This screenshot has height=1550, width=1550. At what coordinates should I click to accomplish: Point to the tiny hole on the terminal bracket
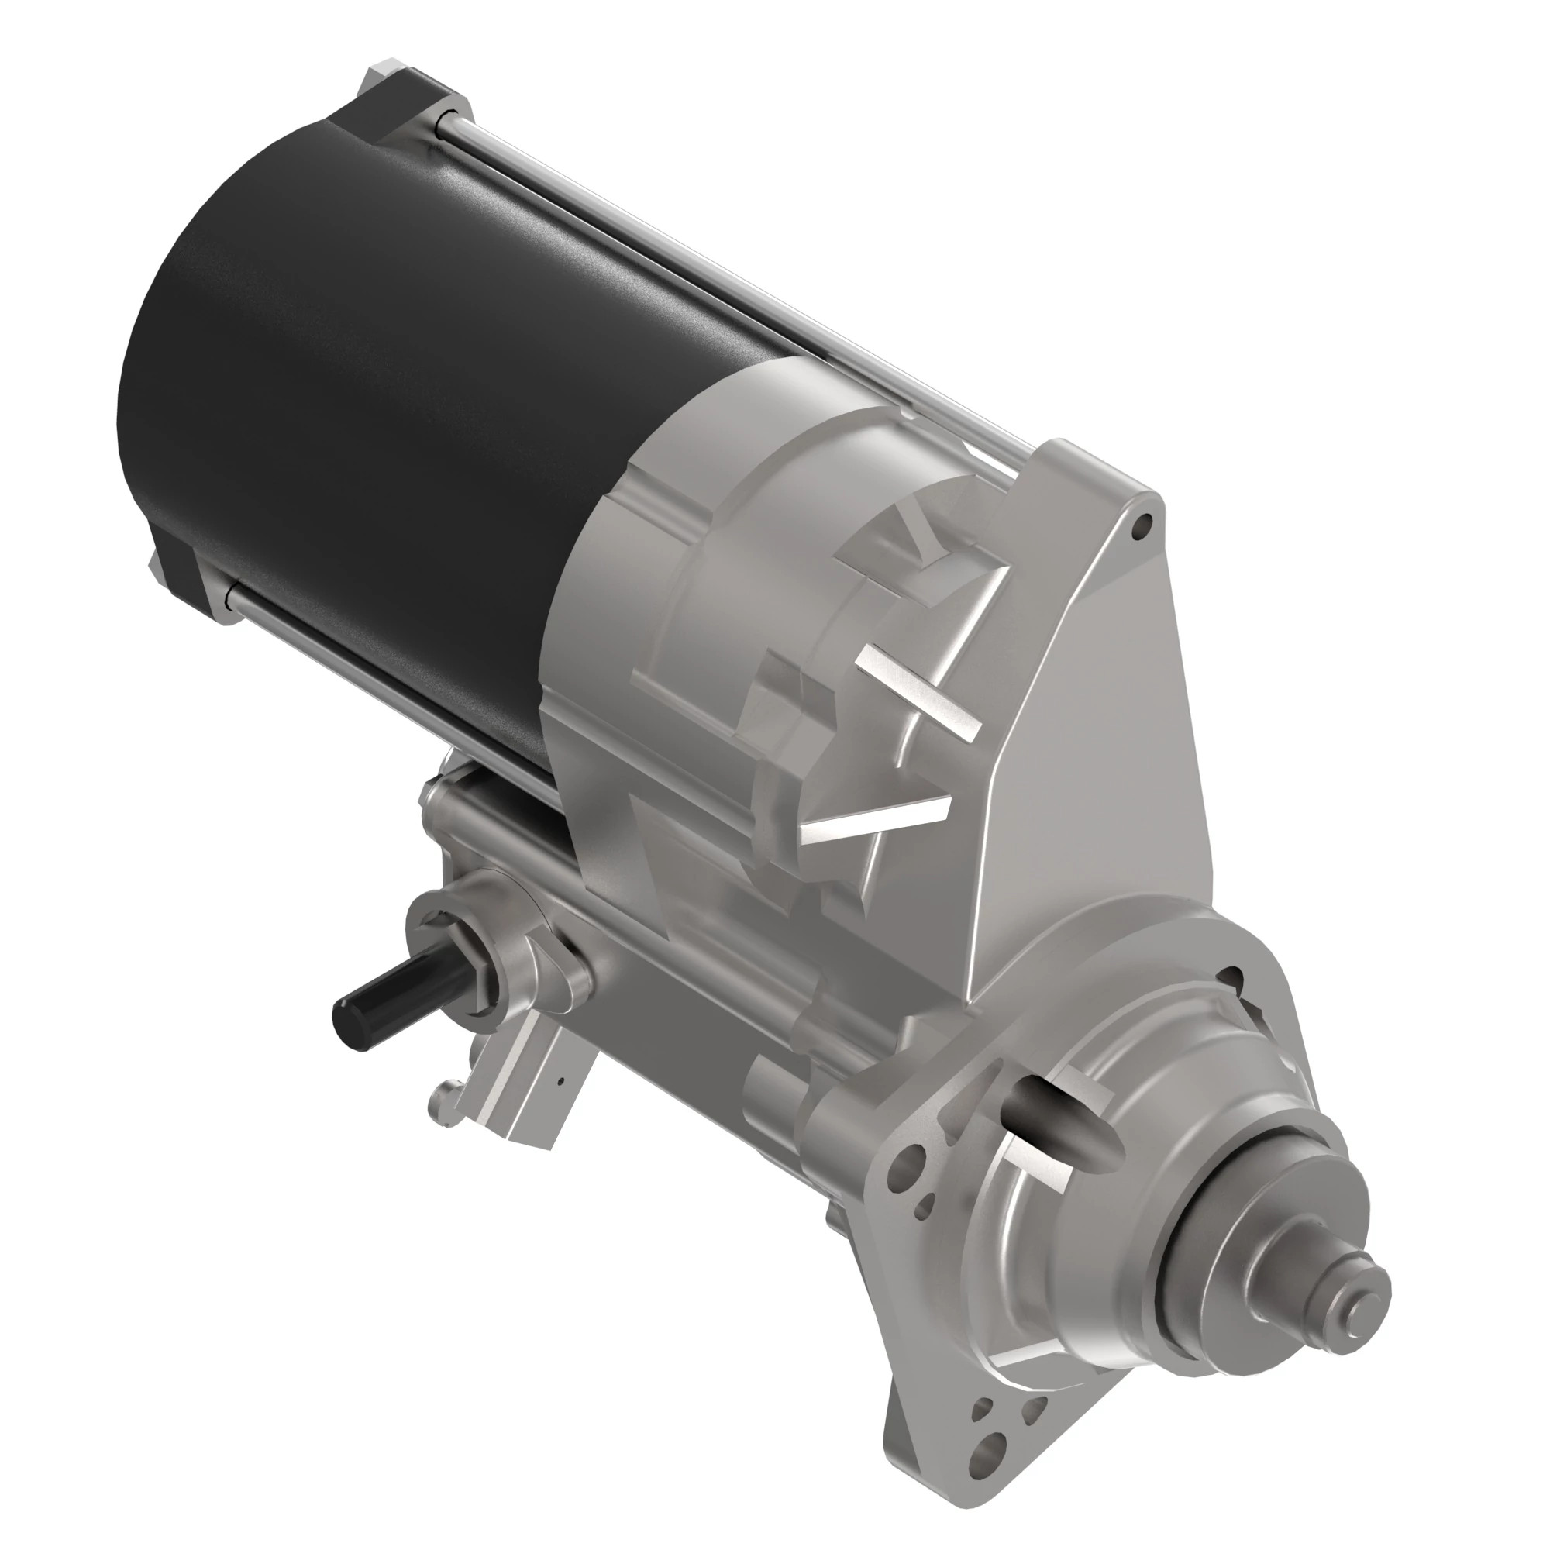pyautogui.click(x=562, y=1080)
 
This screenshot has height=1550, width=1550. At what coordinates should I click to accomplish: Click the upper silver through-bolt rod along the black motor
pyautogui.click(x=722, y=273)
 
